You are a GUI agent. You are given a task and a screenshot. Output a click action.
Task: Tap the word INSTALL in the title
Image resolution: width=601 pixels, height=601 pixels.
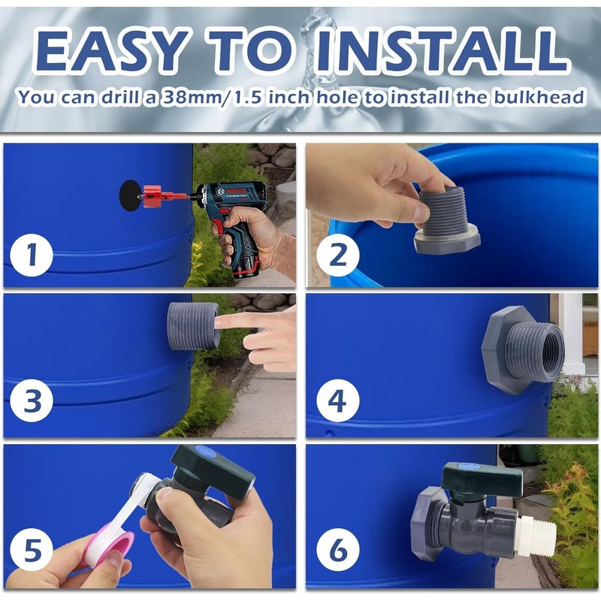[x=441, y=49]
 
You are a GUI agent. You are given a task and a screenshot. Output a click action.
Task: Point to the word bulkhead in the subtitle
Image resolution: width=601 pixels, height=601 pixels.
[x=538, y=97]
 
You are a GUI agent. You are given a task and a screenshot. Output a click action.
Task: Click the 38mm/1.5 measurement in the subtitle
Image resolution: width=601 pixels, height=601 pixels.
[x=212, y=98]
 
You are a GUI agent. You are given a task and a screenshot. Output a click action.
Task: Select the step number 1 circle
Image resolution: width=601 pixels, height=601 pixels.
[x=32, y=255]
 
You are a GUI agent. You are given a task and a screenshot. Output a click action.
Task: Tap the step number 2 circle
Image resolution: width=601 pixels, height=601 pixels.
[x=338, y=255]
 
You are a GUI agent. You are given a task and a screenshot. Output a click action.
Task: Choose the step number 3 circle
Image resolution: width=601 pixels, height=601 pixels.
[x=32, y=400]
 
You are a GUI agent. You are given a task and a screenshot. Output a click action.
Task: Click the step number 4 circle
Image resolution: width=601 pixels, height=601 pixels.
[x=338, y=400]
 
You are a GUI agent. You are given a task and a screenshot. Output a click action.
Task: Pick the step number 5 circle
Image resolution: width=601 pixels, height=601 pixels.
[x=32, y=550]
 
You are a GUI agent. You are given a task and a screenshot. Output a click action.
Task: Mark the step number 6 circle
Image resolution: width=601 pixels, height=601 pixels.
[x=338, y=550]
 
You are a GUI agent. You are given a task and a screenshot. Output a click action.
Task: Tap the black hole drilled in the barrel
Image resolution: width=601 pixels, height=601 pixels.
[x=129, y=195]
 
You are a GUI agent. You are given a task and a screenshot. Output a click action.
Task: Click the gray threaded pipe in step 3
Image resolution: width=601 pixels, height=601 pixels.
[x=194, y=325]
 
